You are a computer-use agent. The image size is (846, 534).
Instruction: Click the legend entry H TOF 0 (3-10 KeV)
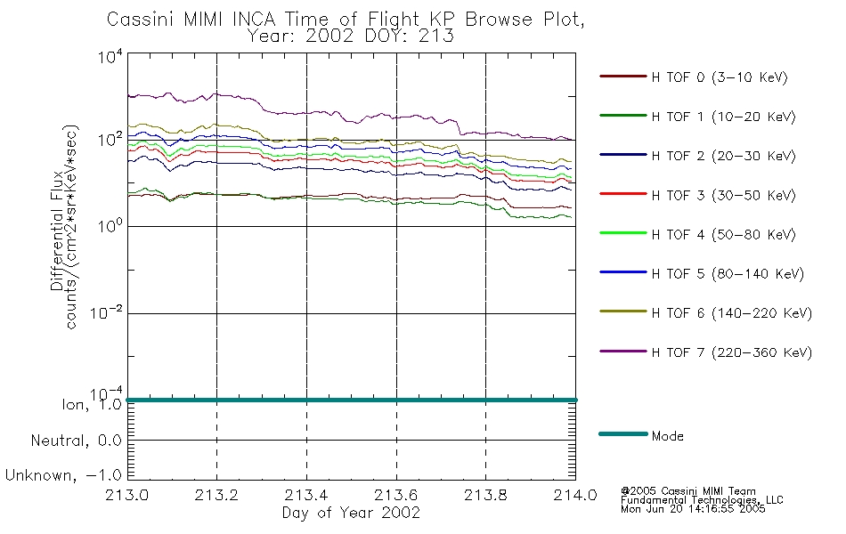pyautogui.click(x=720, y=77)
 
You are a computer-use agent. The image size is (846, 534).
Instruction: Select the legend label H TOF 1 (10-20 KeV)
pyautogui.click(x=723, y=117)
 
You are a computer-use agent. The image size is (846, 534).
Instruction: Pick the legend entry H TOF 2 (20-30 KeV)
pyautogui.click(x=723, y=157)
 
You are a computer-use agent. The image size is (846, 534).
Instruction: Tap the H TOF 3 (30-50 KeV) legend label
pyautogui.click(x=723, y=195)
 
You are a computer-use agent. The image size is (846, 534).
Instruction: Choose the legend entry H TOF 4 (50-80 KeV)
pyautogui.click(x=723, y=235)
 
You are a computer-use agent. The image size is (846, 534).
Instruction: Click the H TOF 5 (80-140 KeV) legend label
pyautogui.click(x=728, y=274)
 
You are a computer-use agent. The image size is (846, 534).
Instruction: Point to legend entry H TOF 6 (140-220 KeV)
pyautogui.click(x=731, y=313)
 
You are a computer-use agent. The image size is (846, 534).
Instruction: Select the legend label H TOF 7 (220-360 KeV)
pyautogui.click(x=731, y=352)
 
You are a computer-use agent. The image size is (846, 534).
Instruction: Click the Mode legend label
pyautogui.click(x=667, y=436)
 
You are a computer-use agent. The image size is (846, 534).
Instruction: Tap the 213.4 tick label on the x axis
pyautogui.click(x=306, y=495)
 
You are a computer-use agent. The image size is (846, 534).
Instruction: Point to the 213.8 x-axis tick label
pyautogui.click(x=485, y=495)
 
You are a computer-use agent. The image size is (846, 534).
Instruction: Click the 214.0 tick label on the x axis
pyautogui.click(x=575, y=495)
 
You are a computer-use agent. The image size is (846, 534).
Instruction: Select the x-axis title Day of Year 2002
pyautogui.click(x=351, y=513)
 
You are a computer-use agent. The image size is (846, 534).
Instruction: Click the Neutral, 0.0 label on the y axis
pyautogui.click(x=76, y=441)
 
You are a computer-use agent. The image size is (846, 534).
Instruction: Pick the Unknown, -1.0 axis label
pyautogui.click(x=63, y=476)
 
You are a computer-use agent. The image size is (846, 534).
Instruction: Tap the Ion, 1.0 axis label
pyautogui.click(x=92, y=405)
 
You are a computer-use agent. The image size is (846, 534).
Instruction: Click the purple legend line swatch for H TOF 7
pyautogui.click(x=623, y=352)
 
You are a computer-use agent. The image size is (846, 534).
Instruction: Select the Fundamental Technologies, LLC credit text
pyautogui.click(x=702, y=500)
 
